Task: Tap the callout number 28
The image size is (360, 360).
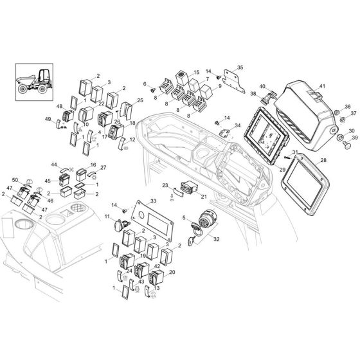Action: point(323,159)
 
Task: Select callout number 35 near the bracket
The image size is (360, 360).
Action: point(240,67)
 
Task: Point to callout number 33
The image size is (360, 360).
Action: point(152,202)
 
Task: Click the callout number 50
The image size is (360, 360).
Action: point(15,181)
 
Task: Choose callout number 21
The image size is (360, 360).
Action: point(204,197)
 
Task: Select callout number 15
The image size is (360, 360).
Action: point(197,74)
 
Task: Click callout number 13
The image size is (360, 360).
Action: point(157,289)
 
